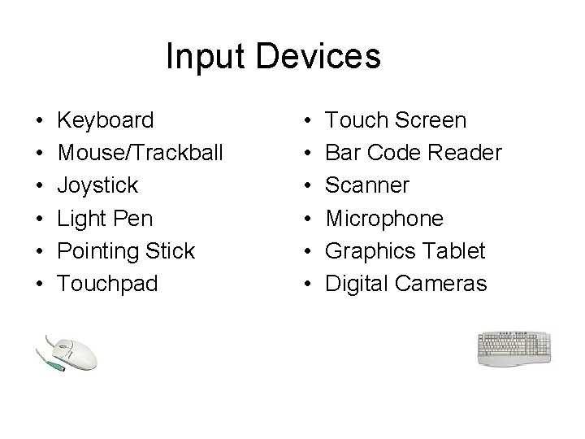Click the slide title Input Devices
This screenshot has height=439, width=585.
click(x=273, y=57)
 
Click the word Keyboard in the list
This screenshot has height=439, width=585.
click(x=106, y=121)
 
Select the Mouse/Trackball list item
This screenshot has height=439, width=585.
click(x=140, y=154)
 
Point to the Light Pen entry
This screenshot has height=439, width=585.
click(x=105, y=219)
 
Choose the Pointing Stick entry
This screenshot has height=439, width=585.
click(x=127, y=251)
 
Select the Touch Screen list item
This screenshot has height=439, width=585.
click(x=396, y=121)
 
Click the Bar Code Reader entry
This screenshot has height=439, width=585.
click(x=414, y=154)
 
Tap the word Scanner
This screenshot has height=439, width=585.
click(x=367, y=186)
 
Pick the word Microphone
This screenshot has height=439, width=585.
click(x=384, y=219)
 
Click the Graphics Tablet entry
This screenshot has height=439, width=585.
click(x=405, y=251)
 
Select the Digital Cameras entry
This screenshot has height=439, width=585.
click(x=406, y=284)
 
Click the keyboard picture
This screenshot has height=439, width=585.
click(x=514, y=349)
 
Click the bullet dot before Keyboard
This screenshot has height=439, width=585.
click(x=40, y=122)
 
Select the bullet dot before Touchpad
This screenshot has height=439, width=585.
click(x=40, y=285)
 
